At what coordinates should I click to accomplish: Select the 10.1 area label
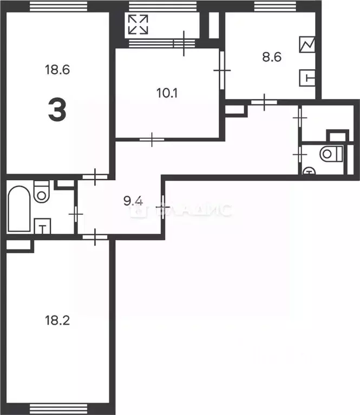coord(168,93)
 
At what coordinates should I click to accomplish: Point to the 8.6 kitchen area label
coord(271,57)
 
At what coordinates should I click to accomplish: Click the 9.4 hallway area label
coord(133,202)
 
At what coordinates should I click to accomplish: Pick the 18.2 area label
coord(56,320)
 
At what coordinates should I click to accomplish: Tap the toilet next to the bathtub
coord(41,193)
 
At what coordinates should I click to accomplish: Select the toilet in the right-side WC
coord(330,154)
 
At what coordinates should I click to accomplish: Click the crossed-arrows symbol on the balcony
coord(138,24)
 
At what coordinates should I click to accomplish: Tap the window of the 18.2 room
coord(58,408)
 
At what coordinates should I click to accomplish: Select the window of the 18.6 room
coord(58,6)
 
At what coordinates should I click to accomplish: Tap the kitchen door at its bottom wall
coord(264,101)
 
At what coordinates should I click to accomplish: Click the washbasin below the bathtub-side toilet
coord(42,226)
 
